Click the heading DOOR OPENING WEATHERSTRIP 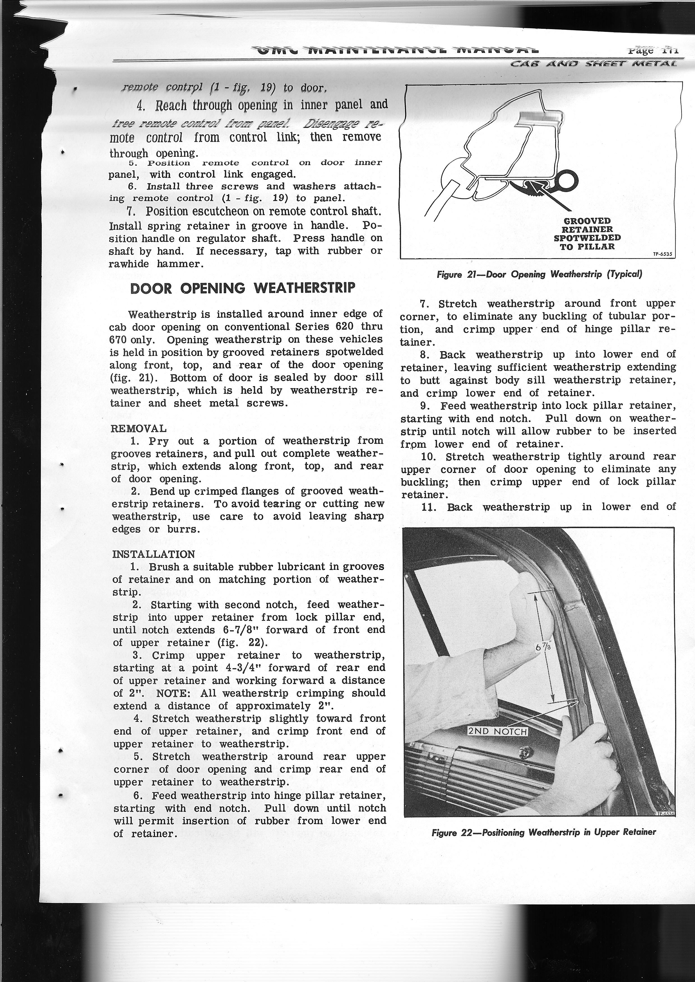[x=243, y=288]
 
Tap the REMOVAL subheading [x=138, y=428]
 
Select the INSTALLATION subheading [x=153, y=554]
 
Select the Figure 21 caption [x=539, y=274]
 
